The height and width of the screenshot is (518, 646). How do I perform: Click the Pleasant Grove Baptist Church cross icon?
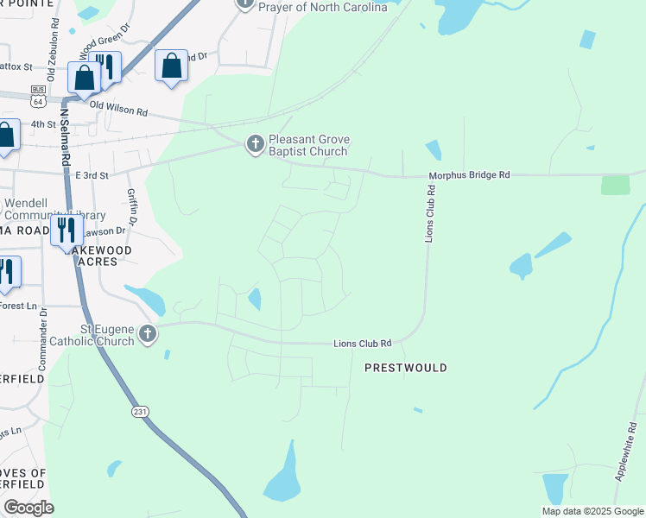tap(255, 143)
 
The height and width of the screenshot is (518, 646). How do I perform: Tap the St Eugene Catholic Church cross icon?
tap(148, 334)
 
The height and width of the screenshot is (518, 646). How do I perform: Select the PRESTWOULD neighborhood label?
tap(405, 368)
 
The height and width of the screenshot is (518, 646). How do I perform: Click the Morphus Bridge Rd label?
tap(470, 175)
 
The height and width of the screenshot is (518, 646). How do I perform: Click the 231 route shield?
tap(139, 412)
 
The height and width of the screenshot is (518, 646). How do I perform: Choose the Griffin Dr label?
tap(132, 207)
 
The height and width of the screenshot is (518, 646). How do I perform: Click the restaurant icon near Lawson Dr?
tap(66, 231)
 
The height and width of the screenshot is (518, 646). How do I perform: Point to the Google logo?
tap(28, 508)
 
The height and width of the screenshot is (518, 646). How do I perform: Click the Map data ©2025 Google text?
tap(592, 511)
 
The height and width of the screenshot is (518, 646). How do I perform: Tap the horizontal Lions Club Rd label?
tap(363, 344)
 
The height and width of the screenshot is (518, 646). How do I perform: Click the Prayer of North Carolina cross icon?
tap(245, 3)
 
